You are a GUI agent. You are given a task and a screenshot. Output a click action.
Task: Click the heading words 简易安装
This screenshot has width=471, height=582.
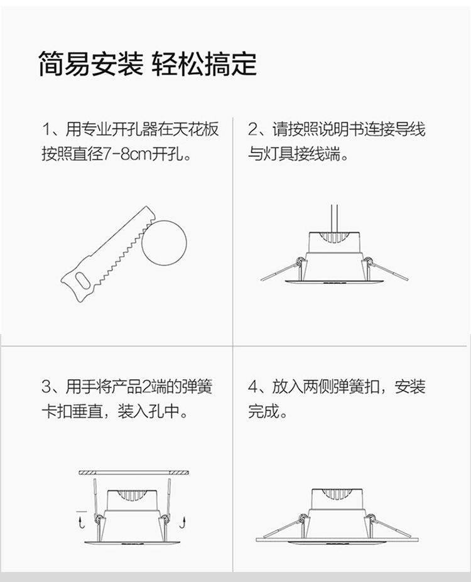[91, 64]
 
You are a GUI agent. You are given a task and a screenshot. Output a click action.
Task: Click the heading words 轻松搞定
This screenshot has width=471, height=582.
[204, 64]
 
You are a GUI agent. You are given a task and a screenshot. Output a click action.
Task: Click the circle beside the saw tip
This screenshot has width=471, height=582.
[164, 243]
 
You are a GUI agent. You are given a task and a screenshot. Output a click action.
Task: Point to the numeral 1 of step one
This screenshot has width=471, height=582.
[46, 129]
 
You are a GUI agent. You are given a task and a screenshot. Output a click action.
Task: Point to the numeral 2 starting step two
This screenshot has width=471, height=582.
[252, 129]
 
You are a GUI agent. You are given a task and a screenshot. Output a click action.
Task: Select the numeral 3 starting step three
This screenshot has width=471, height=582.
[46, 387]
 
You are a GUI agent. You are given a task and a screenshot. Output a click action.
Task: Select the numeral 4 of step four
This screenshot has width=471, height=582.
[252, 387]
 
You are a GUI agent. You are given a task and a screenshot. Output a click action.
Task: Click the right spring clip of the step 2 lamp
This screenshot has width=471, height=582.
[386, 269]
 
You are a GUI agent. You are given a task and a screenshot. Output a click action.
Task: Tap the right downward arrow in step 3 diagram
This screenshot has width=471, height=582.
[182, 522]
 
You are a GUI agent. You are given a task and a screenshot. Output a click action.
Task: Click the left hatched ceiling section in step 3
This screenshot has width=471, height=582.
[87, 473]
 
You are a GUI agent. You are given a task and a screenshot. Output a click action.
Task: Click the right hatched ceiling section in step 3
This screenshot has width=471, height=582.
[179, 473]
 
